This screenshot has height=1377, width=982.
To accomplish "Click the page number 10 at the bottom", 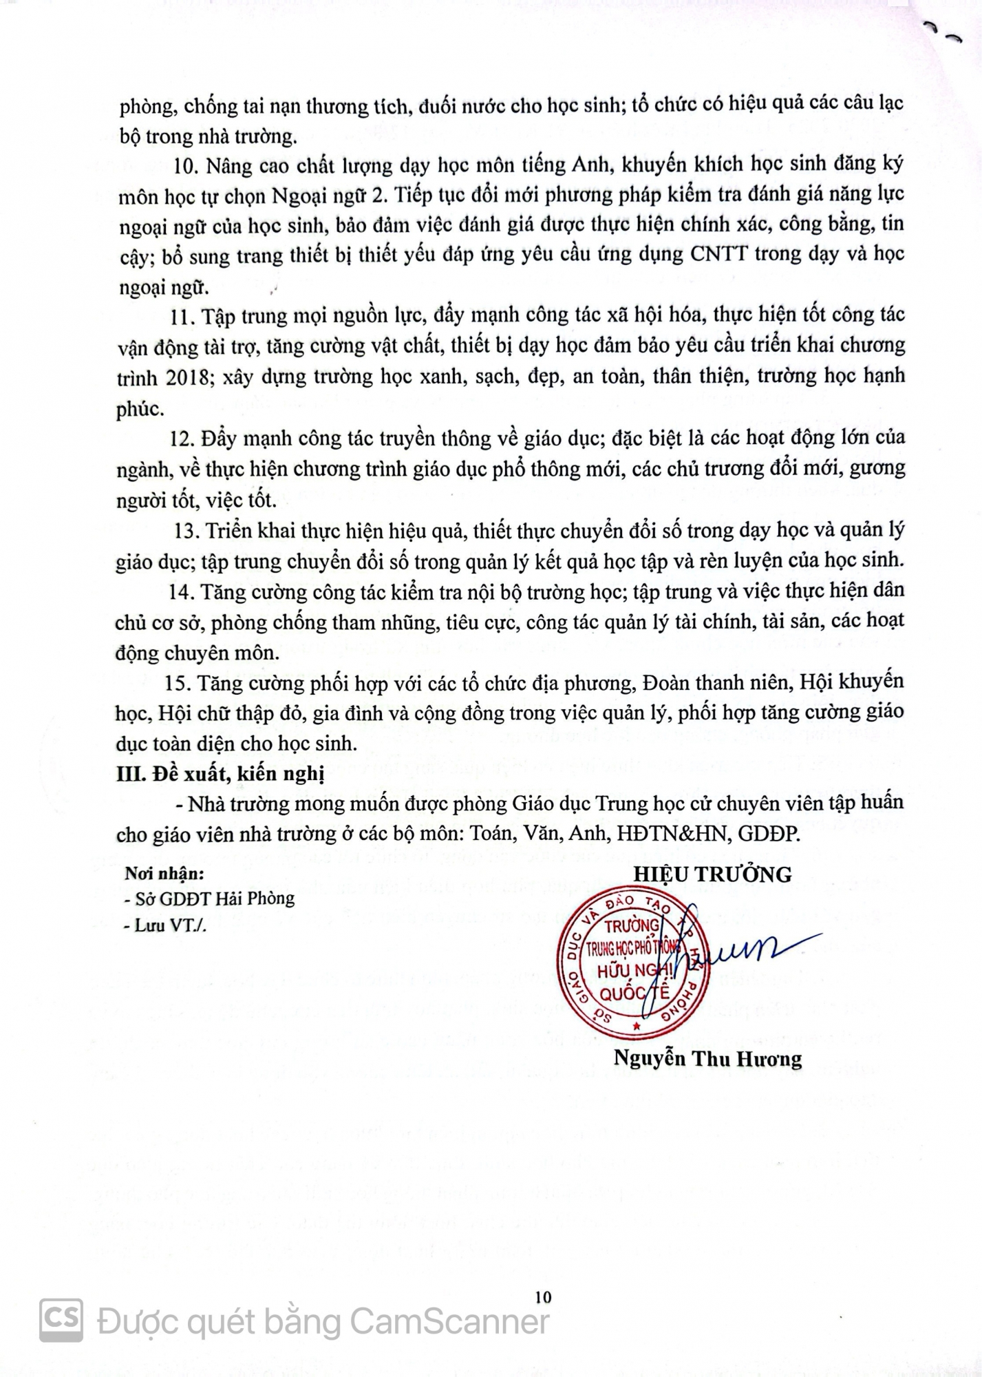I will [x=543, y=1297].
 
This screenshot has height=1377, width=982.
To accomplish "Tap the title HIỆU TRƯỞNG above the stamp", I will [x=712, y=874].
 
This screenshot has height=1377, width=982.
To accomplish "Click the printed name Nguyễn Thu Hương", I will [x=707, y=1058].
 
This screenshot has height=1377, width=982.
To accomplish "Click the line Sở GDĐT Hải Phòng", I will [x=210, y=898].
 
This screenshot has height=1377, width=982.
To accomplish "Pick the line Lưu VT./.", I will [x=165, y=926].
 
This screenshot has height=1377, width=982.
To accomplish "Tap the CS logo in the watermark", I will [x=61, y=1321].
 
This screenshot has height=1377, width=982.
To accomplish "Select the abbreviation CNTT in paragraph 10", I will [x=716, y=254].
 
